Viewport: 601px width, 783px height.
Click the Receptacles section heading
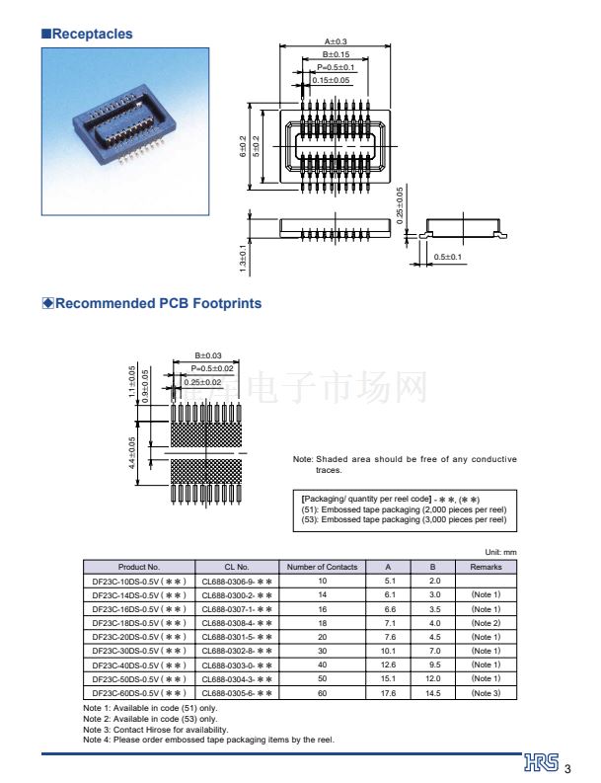click(x=91, y=34)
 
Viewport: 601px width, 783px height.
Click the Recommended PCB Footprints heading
click(x=158, y=303)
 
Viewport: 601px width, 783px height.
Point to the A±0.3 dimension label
click(x=336, y=41)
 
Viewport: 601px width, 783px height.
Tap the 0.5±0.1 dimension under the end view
click(x=448, y=258)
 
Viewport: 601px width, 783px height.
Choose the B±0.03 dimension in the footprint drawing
click(x=208, y=355)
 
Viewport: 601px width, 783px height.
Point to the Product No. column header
click(x=138, y=567)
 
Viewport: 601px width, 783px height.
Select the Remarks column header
click(x=486, y=567)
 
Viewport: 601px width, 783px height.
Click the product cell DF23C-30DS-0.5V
click(x=138, y=651)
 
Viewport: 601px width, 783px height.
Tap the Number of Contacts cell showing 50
click(x=322, y=679)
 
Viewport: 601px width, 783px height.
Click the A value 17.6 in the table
click(x=389, y=693)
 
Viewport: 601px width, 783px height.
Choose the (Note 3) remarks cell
click(x=486, y=693)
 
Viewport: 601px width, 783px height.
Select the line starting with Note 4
click(x=208, y=739)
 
